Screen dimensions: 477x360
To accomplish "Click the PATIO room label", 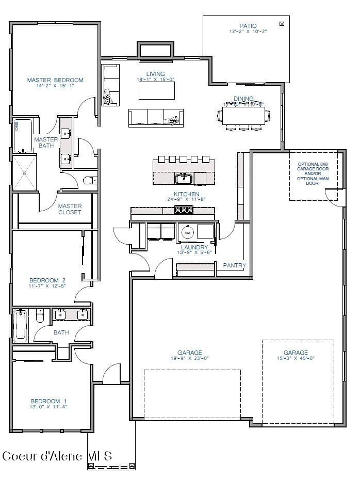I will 248,26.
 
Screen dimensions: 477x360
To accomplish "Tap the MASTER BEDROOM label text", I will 55,80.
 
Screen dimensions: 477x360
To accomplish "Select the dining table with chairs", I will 243,115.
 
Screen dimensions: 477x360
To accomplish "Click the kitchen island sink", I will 184,179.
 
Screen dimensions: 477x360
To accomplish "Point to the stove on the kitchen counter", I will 183,210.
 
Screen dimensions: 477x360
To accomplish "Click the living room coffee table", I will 156,91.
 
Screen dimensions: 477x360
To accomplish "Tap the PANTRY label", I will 234,265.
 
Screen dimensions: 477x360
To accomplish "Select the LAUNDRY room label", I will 194,247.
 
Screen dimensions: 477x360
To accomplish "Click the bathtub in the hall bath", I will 20,325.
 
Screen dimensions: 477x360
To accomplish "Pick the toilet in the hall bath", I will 40,316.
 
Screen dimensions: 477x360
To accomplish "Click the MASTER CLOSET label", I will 70,209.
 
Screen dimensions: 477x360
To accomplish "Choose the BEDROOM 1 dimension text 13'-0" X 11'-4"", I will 49,407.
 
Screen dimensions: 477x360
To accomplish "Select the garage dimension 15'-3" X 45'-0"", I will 296,358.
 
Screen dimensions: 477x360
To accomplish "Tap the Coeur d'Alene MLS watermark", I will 57,456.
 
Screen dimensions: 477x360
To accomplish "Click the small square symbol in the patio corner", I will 282,24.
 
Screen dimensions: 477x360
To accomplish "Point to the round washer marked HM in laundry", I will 188,233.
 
